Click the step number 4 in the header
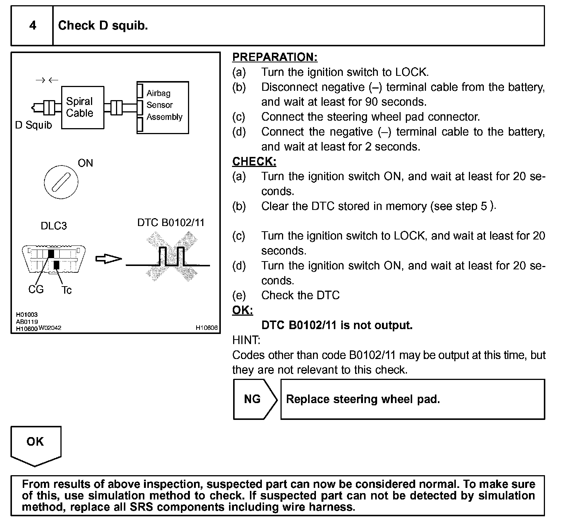33,25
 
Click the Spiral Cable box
82,108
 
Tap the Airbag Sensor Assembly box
163,107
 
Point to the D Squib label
33,125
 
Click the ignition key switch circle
61,182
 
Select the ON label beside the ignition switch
85,163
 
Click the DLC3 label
54,226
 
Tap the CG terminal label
36,290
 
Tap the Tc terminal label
66,290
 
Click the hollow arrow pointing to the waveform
109,259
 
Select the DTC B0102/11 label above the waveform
171,223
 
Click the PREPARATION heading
275,57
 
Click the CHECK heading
254,161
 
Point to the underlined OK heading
242,310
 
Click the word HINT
246,340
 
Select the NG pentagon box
254,399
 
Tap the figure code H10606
207,328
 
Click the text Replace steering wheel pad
363,399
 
